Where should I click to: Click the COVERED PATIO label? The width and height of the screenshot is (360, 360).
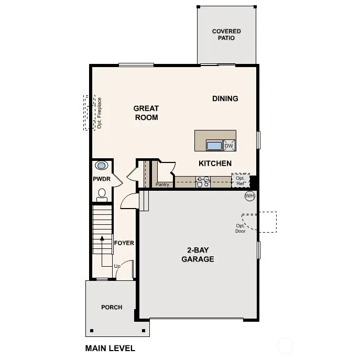pos(226,35)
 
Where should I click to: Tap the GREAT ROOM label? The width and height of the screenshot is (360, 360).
pos(146,113)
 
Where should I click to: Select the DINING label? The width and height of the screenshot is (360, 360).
pos(225,99)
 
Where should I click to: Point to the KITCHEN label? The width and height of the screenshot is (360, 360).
pos(215,163)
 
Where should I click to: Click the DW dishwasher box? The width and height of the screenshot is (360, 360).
pos(229,146)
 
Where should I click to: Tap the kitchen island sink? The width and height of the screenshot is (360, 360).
pos(214,145)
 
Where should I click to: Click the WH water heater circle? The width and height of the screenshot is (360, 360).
pos(249,196)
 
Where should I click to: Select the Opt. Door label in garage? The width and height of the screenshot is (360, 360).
pos(240,228)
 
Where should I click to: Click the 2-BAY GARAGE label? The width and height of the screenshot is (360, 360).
pos(198,255)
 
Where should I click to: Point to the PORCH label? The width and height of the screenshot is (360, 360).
pos(112,307)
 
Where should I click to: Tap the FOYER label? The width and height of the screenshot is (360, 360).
pos(124,243)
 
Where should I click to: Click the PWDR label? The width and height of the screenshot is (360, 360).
pos(101,179)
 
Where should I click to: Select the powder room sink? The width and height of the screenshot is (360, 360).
pos(102,166)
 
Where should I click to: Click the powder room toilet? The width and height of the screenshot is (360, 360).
pos(102,196)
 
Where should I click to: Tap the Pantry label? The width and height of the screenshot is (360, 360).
pos(162,184)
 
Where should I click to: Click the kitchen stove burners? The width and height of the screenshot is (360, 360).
pos(203,181)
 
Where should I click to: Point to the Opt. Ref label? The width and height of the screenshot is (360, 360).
pos(241,181)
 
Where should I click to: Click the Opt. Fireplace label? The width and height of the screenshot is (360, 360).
pos(99,113)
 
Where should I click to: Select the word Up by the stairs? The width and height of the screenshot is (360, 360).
pos(117,266)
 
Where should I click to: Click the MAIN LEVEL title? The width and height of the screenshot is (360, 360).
pos(110,348)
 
